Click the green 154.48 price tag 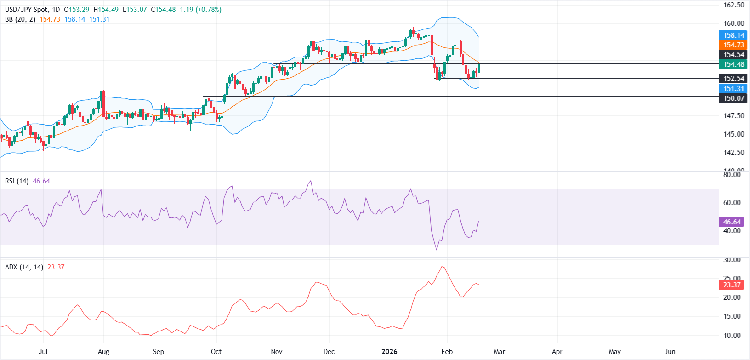coord(733,64)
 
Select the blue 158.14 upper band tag coord(733,35)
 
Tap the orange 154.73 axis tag coord(733,45)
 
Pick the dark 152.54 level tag coord(733,79)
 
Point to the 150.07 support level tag coord(733,98)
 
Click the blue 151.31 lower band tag coord(733,89)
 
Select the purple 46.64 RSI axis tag coord(732,222)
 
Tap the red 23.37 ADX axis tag coord(732,285)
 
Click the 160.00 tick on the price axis coord(733,23)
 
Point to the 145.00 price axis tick coord(733,134)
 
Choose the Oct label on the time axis coord(216,352)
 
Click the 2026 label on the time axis coord(389,352)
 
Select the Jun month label coord(670,352)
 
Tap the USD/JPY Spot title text coord(26,10)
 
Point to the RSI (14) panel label coord(17,181)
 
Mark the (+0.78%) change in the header coord(208,10)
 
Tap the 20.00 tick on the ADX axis coord(732,297)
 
